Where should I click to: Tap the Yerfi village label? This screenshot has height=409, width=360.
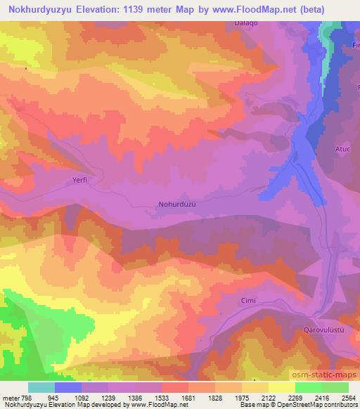pos(83,179)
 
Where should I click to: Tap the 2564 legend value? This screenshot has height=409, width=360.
pos(348,397)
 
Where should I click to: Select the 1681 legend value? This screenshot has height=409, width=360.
pos(188,397)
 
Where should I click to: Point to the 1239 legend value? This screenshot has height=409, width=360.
pos(108,397)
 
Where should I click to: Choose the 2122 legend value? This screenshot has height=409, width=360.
pos(268,397)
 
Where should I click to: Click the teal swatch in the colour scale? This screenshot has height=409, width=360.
pos(41,387)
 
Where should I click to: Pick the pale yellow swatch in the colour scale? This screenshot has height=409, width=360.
pos(282,387)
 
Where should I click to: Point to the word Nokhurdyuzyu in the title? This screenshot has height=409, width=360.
pos(39,8)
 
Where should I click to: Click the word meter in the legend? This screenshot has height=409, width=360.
pos(11,397)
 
